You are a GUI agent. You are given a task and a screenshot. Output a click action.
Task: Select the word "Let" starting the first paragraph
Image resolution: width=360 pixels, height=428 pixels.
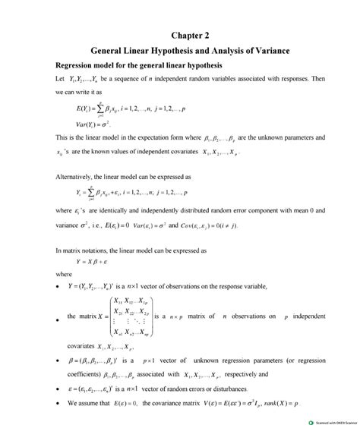61,79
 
